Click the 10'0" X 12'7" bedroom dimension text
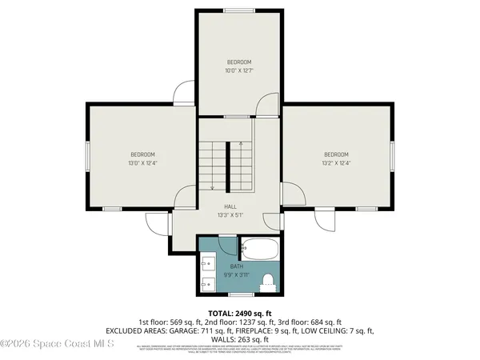[238, 70]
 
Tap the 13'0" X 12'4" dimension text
[142, 162]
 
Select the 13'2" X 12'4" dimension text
[336, 162]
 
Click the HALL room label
[230, 206]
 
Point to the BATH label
[237, 266]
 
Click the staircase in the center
[227, 164]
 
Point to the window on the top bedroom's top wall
[238, 10]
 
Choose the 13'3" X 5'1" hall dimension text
[230, 215]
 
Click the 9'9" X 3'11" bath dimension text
[237, 274]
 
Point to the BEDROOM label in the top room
[238, 62]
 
